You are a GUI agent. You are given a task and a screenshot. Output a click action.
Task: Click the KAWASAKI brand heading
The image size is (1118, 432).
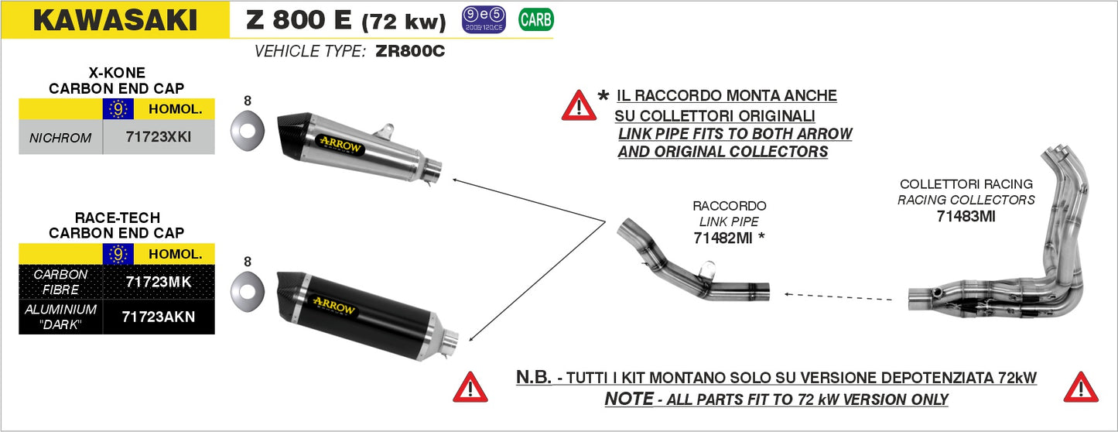(115, 21)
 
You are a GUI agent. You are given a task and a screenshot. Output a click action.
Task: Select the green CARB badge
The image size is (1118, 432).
(535, 20)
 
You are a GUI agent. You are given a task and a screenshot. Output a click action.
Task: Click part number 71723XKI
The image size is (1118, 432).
(158, 138)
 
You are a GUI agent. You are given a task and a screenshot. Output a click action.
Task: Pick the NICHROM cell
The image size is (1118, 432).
(60, 139)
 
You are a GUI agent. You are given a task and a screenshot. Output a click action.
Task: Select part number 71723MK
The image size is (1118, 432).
(158, 282)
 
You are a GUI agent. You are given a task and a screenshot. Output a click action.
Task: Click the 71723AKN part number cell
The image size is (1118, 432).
(158, 316)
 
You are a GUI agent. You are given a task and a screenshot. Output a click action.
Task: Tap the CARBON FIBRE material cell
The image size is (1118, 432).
(60, 282)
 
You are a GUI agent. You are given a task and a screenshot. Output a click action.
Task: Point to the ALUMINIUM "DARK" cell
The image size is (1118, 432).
(60, 316)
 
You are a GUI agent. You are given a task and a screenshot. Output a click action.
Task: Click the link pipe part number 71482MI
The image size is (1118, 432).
(723, 239)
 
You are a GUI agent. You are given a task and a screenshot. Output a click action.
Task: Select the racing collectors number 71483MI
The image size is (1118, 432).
(966, 217)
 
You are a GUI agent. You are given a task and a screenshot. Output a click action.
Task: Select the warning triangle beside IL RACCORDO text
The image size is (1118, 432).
(579, 105)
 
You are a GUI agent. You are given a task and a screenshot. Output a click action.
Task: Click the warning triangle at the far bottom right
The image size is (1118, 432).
(1081, 387)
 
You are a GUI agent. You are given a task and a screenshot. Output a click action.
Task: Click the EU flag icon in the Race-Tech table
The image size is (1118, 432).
(118, 254)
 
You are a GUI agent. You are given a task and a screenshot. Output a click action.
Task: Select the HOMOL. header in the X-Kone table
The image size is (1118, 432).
(174, 109)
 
